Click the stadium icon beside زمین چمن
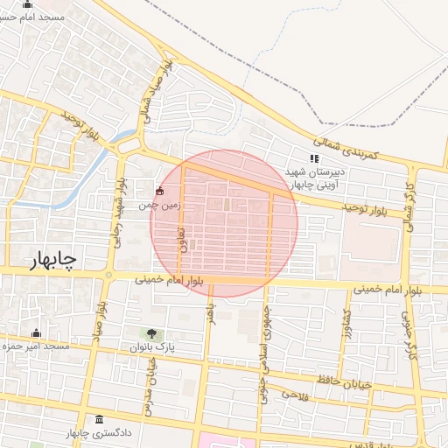coord(159,191)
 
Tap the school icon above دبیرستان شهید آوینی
coord(313,158)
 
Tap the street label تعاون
coord(182,240)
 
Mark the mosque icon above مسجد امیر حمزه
coord(36,333)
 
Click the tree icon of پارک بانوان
coord(152,333)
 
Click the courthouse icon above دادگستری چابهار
coord(99,418)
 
